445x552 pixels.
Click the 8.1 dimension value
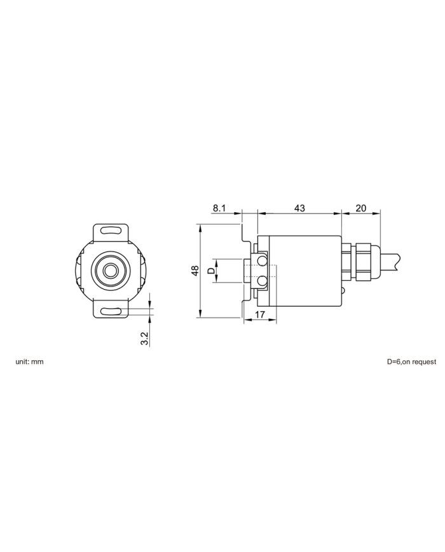pos(219,208)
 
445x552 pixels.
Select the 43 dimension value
pos(299,208)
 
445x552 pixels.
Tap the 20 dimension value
pos(361,208)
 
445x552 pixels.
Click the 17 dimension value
pos(259,314)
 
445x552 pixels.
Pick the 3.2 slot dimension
pos(144,338)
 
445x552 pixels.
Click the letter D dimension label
pos(210,271)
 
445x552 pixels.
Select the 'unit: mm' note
pos(29,361)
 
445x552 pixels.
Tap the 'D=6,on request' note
pos(411,361)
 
